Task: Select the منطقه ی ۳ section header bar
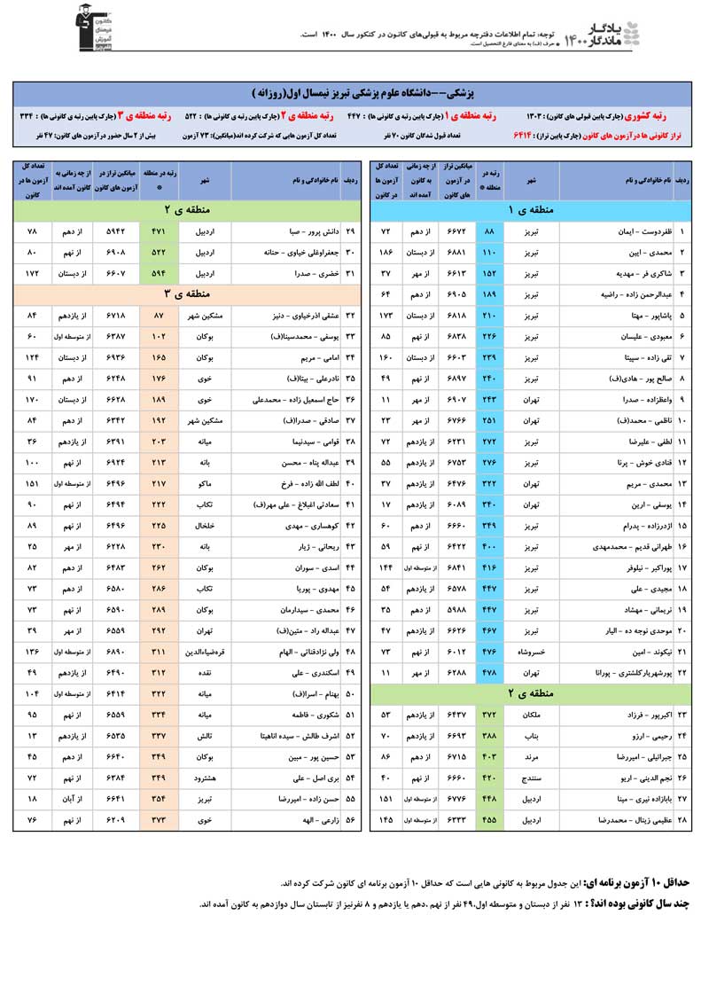[187, 292]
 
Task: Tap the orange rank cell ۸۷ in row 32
[160, 315]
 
